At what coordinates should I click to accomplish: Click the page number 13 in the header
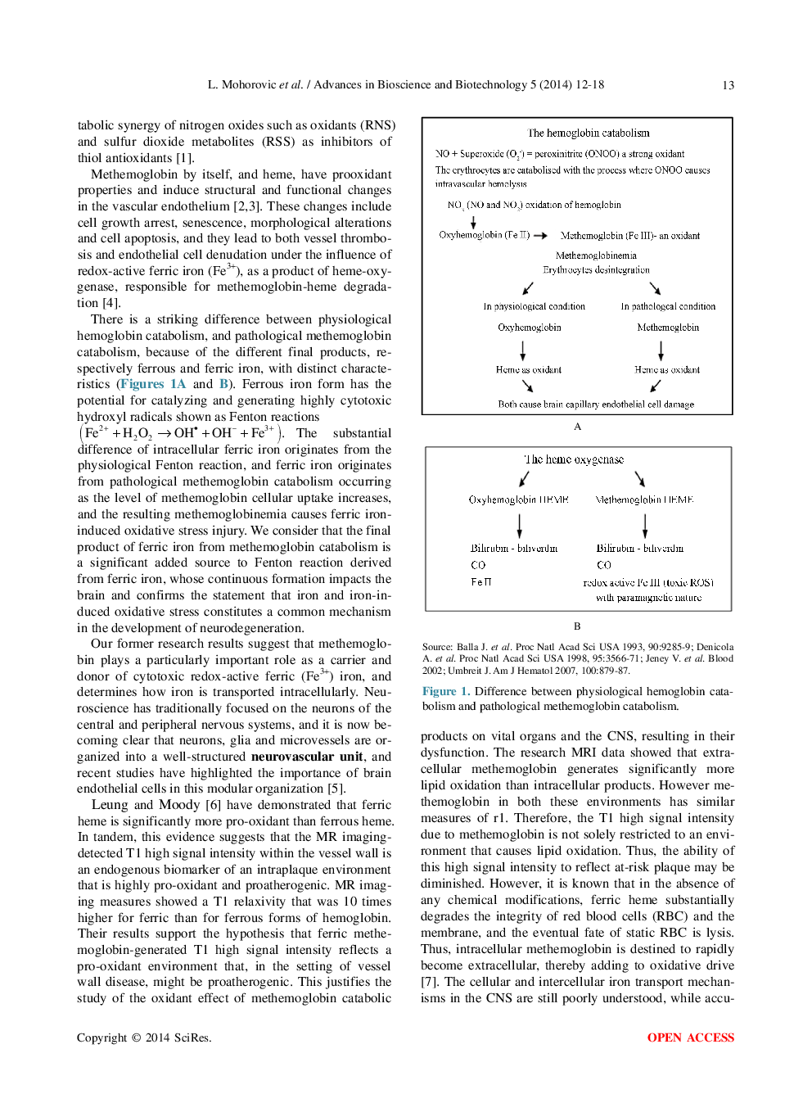[x=728, y=85]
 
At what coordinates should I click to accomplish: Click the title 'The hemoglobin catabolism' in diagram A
[x=589, y=133]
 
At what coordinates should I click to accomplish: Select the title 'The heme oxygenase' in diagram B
[x=574, y=459]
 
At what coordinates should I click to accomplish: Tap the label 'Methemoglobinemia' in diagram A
[x=596, y=255]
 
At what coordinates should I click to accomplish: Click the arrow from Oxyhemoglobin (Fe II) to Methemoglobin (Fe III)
[x=540, y=236]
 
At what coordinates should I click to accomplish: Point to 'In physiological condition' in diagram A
[x=534, y=306]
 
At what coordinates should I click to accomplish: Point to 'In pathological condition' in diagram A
[x=668, y=306]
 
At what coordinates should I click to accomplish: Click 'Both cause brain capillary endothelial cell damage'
[x=596, y=405]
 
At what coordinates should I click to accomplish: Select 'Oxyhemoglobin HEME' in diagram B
[x=518, y=500]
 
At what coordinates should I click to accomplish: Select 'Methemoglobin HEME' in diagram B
[x=644, y=500]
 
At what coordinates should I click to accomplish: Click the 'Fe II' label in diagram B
[x=481, y=581]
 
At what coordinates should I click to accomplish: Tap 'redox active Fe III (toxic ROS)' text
[x=648, y=582]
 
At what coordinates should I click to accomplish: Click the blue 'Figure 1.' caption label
[x=445, y=691]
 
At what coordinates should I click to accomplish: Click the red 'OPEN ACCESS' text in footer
[x=690, y=1037]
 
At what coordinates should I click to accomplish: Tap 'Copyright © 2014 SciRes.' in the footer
[x=144, y=1037]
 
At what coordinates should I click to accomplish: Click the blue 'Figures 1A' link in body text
[x=153, y=384]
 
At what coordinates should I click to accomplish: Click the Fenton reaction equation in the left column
[x=180, y=433]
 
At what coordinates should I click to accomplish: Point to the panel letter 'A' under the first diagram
[x=577, y=427]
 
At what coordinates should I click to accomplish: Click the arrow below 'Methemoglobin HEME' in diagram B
[x=645, y=525]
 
